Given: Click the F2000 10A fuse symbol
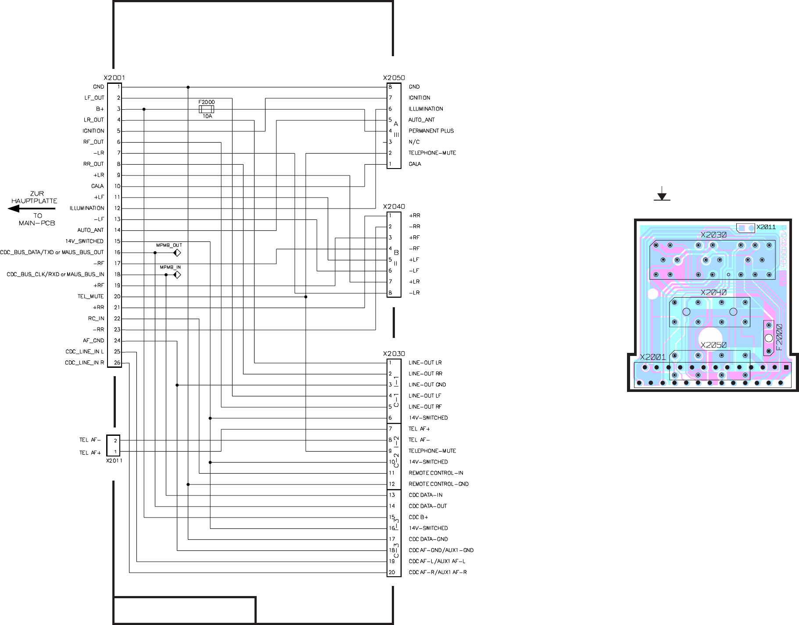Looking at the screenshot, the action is (206, 109).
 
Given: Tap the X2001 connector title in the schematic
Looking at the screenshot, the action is (114, 78).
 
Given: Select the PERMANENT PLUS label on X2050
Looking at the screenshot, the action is (431, 131).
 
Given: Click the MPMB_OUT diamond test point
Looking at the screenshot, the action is (177, 253).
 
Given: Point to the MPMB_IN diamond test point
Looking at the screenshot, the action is (177, 275).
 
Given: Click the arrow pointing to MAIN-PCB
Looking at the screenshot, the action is (32, 208).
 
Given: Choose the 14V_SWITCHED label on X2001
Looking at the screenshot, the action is (85, 241).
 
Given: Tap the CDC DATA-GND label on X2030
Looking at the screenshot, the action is (428, 539).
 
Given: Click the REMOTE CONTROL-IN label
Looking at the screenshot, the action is (436, 473).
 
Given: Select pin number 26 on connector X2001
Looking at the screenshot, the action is (117, 363).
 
